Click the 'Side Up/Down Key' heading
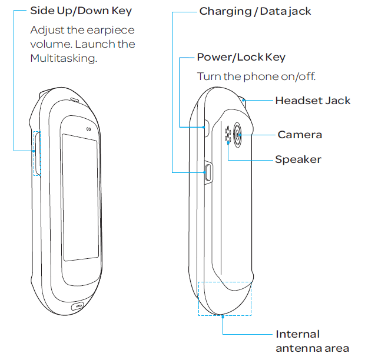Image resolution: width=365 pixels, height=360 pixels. [x=81, y=11]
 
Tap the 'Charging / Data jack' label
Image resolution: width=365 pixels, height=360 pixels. [x=255, y=11]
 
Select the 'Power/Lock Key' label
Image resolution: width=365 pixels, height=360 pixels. [x=241, y=57]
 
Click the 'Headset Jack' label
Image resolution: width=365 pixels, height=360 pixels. [x=313, y=101]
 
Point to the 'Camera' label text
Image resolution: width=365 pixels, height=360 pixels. [x=300, y=135]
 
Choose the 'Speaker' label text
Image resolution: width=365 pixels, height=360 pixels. [x=298, y=159]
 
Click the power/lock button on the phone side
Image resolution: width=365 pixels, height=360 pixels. [x=205, y=126]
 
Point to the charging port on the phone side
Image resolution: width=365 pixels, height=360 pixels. [x=207, y=172]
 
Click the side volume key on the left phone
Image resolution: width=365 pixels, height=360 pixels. [x=38, y=153]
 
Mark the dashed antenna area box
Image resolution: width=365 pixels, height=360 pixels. [x=224, y=298]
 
